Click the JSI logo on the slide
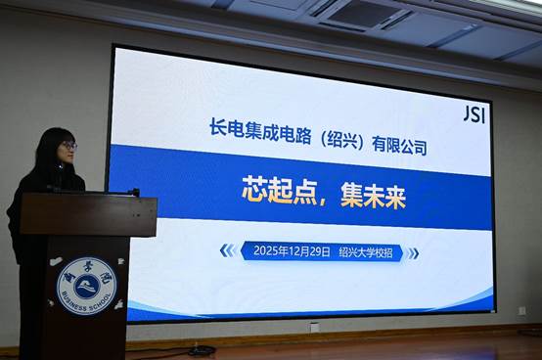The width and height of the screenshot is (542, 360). point(474,113)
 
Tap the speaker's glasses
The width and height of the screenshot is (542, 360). point(68,146)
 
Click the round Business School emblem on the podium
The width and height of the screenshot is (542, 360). point(86,286)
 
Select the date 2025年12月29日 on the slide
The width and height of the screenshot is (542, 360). point(292,251)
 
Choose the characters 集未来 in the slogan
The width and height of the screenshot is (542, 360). point(373,194)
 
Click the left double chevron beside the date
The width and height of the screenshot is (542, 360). point(226,251)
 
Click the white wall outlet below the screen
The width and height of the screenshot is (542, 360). point(315,327)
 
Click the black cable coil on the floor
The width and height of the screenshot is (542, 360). point(202,350)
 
